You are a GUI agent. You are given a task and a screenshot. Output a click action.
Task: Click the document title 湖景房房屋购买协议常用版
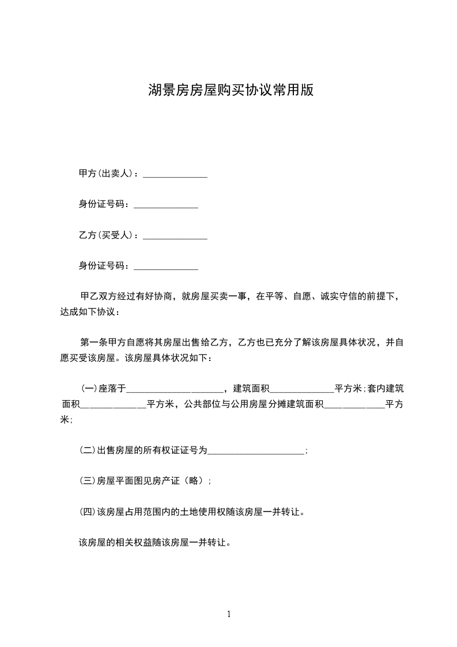coord(231,91)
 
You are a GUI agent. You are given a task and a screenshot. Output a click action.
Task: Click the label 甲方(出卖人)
coord(107,174)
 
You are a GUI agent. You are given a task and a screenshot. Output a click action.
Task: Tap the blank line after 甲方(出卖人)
coord(175,175)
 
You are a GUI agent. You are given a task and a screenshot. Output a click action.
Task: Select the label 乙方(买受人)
coord(107,235)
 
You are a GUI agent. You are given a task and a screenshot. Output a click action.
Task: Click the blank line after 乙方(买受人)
coord(175,237)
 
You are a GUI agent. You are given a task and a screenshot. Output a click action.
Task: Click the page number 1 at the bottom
coord(229,614)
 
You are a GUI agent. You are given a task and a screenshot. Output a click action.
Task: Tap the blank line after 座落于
coord(174,390)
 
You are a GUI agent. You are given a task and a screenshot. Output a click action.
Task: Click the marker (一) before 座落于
coord(89,389)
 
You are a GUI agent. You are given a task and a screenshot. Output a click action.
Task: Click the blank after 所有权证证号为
coord(255,453)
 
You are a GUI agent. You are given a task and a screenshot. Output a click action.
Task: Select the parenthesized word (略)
coord(193,481)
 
